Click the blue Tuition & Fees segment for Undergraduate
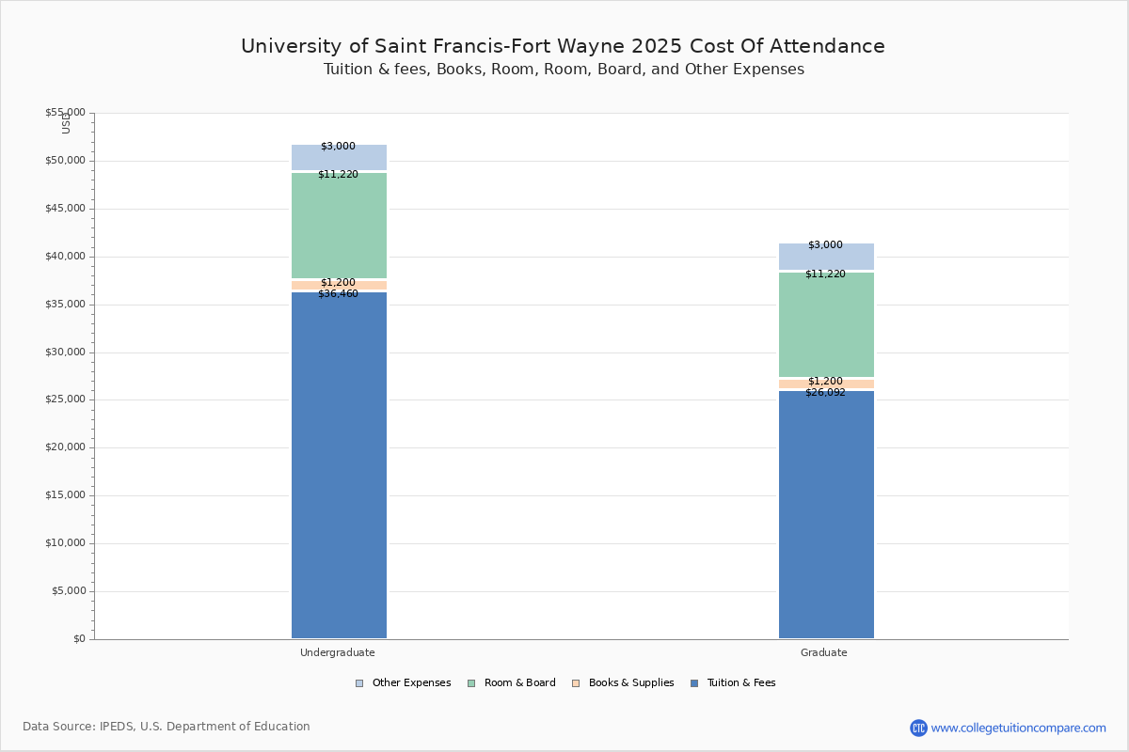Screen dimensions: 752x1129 (339, 465)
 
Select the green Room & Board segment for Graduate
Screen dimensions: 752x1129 (826, 324)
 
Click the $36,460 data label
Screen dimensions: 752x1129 (338, 294)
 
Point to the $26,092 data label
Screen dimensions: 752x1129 (825, 393)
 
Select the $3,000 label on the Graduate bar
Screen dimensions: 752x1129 (825, 245)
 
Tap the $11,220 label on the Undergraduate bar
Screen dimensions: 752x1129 (338, 175)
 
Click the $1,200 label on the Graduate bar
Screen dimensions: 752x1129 (825, 382)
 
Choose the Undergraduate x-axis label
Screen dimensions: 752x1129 (338, 652)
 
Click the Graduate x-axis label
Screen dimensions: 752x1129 (824, 652)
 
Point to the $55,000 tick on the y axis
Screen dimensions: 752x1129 (65, 113)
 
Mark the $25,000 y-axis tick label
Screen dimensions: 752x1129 (65, 399)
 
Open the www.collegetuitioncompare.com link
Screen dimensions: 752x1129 (1018, 728)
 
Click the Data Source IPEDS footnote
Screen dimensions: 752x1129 (167, 727)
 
